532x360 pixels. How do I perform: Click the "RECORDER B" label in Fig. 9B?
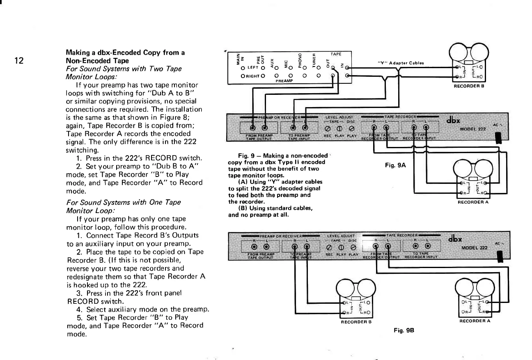pyautogui.click(x=356, y=322)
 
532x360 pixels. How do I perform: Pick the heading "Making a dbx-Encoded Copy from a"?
pyautogui.click(x=125, y=53)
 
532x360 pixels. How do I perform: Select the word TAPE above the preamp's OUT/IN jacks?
pyautogui.click(x=335, y=53)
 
